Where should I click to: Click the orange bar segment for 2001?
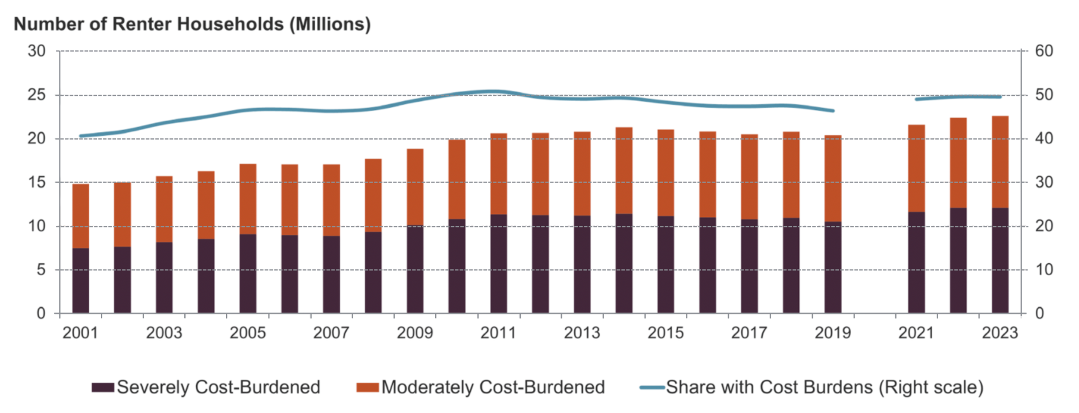coord(81,215)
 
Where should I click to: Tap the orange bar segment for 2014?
coord(624,170)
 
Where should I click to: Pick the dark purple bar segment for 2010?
coord(457,266)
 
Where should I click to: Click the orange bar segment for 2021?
coord(916,168)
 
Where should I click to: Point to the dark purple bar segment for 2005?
coord(248,273)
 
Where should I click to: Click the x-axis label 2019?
coord(832,333)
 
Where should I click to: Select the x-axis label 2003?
coord(164,333)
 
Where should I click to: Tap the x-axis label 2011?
coord(498,333)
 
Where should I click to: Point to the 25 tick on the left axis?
coord(36,95)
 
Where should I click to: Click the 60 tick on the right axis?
coord(1044,51)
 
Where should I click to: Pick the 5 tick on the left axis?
coord(40,270)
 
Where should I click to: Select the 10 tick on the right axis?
coord(1044,270)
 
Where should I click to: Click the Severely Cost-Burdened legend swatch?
coord(102,387)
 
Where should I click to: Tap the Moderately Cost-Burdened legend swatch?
coord(367,387)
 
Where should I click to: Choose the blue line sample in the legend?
coord(652,387)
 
